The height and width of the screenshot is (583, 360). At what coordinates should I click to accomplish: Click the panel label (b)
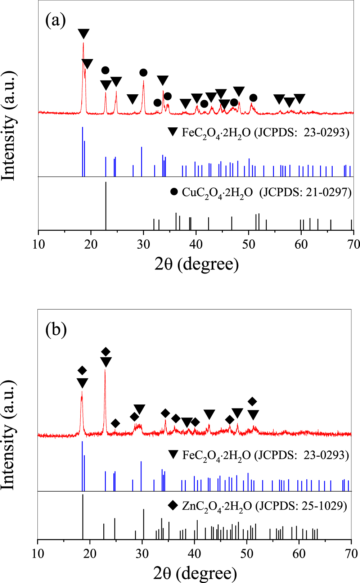tap(56, 330)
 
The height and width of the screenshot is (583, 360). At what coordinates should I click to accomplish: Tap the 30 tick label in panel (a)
tap(143, 244)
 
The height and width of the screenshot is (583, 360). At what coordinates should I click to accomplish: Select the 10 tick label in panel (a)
tap(39, 244)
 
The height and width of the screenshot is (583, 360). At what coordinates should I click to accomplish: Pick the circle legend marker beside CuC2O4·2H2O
tap(174, 191)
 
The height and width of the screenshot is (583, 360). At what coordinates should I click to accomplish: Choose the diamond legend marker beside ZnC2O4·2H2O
tap(173, 506)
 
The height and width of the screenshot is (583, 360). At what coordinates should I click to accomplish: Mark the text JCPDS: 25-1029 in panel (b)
tap(301, 506)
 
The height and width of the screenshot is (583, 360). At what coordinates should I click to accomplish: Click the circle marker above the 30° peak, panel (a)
tap(143, 73)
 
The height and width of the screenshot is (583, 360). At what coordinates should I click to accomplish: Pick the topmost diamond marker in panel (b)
tap(105, 352)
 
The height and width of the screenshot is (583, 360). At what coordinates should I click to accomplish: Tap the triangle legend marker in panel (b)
tap(174, 455)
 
